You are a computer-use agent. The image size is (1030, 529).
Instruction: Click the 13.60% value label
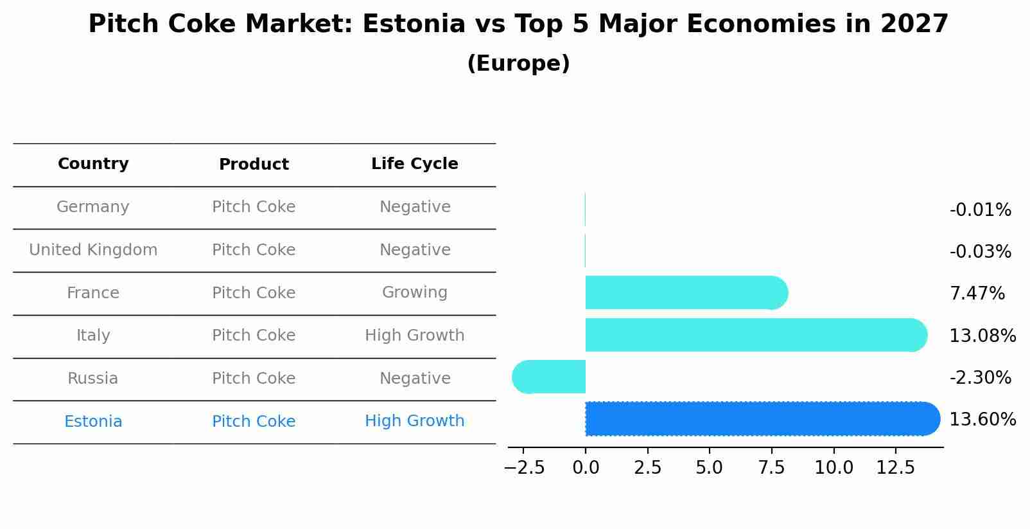(x=982, y=420)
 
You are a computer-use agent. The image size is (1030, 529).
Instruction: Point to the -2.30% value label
(x=980, y=377)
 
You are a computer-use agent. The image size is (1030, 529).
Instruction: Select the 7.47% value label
(x=977, y=294)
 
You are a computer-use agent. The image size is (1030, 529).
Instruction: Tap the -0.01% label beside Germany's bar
(x=980, y=210)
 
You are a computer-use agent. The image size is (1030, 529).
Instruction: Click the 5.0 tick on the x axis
(x=709, y=468)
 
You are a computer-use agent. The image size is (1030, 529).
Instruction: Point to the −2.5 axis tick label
(x=524, y=468)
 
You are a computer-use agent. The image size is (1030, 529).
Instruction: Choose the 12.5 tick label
(x=895, y=468)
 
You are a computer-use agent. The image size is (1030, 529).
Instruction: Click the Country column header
(x=93, y=164)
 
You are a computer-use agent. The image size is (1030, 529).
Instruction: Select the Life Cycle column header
(x=414, y=164)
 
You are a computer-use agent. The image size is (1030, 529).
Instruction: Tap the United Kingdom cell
(x=93, y=250)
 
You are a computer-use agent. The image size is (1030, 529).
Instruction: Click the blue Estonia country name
(x=93, y=422)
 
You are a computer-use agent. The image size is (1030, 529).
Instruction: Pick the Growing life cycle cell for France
(x=414, y=292)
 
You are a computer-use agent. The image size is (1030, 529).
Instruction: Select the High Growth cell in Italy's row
(x=414, y=336)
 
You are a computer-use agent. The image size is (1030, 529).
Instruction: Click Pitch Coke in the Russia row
(x=254, y=379)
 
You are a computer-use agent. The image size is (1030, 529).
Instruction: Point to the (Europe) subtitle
(x=518, y=64)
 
